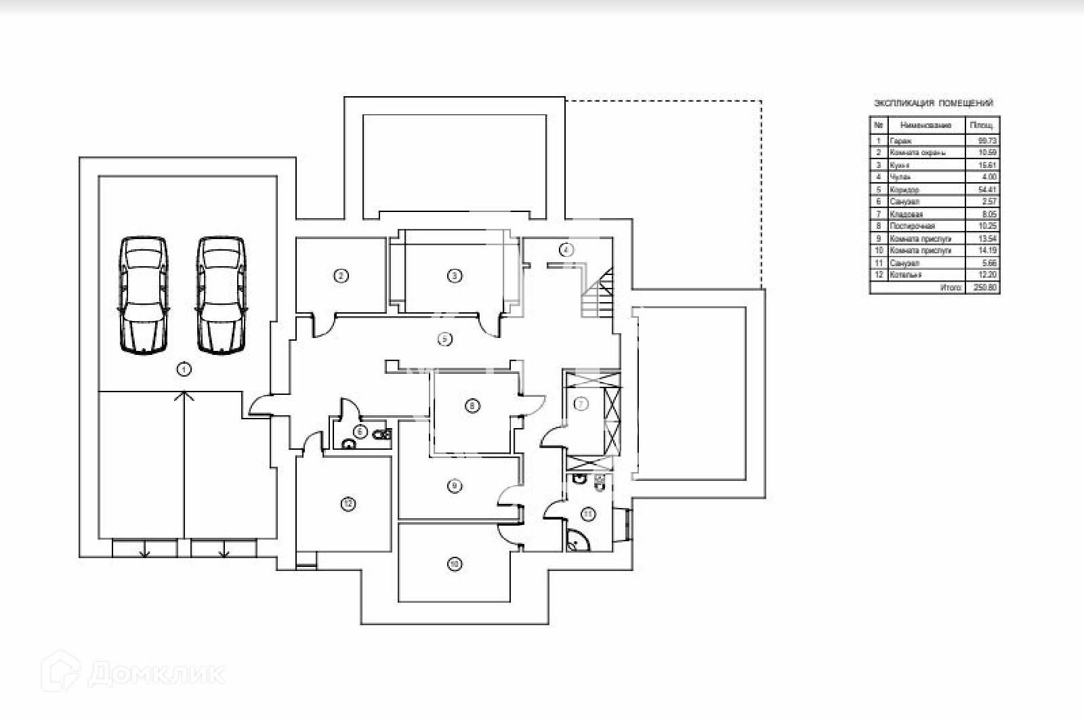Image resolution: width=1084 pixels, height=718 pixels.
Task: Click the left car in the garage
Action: point(142,295)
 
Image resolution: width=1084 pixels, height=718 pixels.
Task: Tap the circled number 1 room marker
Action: point(184,369)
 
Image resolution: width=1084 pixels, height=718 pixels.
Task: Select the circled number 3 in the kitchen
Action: point(455,276)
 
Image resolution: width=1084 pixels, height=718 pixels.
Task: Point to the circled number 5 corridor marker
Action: point(444,339)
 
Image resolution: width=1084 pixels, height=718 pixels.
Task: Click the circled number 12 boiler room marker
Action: point(348,504)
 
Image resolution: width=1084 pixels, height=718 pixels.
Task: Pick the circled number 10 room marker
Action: point(455,564)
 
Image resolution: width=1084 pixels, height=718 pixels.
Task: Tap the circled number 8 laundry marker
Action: point(472,406)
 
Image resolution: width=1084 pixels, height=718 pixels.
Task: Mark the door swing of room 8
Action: point(533,405)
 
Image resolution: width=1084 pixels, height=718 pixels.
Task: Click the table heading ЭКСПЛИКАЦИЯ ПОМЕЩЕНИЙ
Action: point(934,104)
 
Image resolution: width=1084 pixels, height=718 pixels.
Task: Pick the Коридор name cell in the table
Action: point(905,190)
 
